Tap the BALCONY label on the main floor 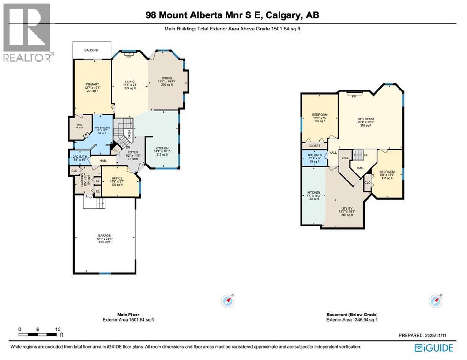coord(91,49)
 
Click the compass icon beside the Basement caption coord(436,300)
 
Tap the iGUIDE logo coord(434,348)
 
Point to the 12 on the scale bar coord(58,329)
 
